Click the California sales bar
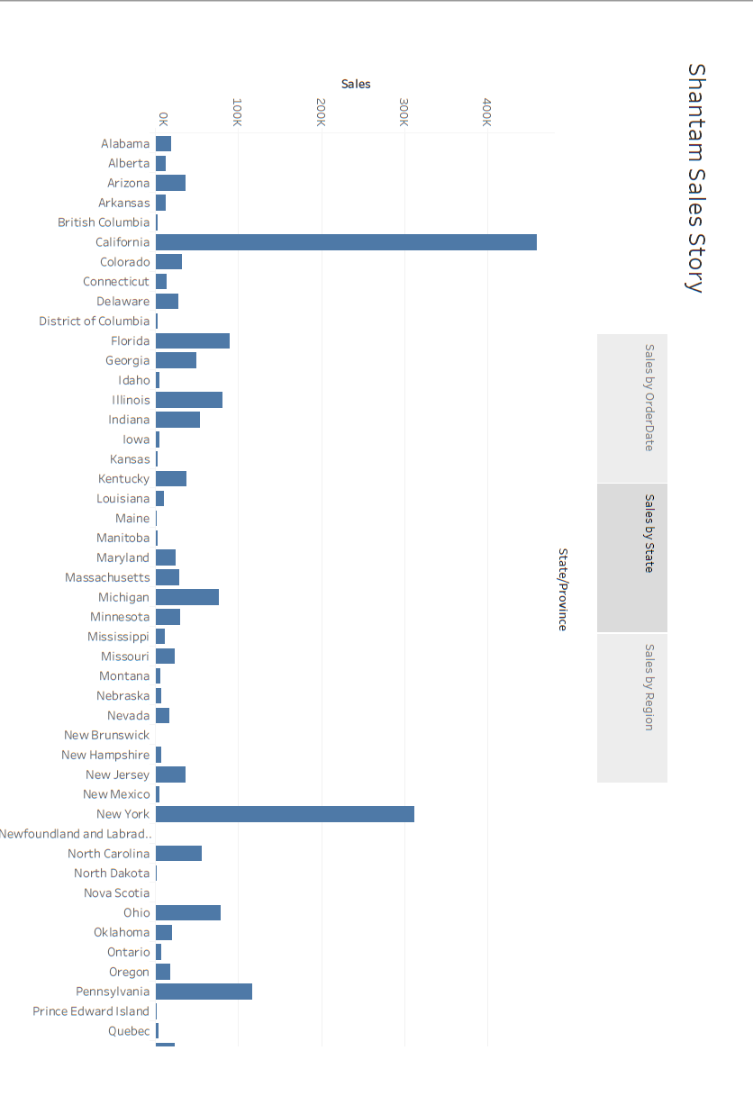[346, 242]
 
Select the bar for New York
[285, 814]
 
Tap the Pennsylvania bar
[204, 992]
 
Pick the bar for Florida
[193, 340]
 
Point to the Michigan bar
[187, 597]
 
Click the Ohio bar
[188, 912]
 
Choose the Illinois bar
[189, 400]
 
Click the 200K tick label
[321, 113]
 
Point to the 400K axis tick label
[486, 113]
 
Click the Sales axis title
[356, 84]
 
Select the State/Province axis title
[562, 589]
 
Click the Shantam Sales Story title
[694, 177]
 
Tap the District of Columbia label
[95, 321]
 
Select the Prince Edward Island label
[91, 1011]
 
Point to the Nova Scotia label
[117, 892]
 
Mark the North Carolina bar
[178, 854]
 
